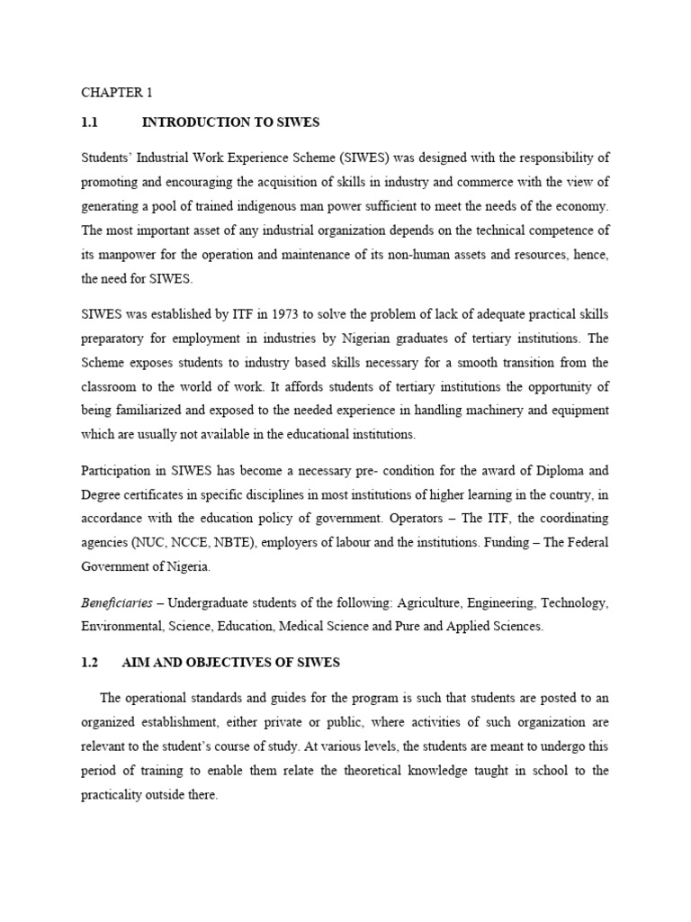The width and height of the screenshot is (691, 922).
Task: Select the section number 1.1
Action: (x=89, y=122)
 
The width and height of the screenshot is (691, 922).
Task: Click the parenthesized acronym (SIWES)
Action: (x=359, y=157)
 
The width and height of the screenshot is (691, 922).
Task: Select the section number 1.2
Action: (x=89, y=663)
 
